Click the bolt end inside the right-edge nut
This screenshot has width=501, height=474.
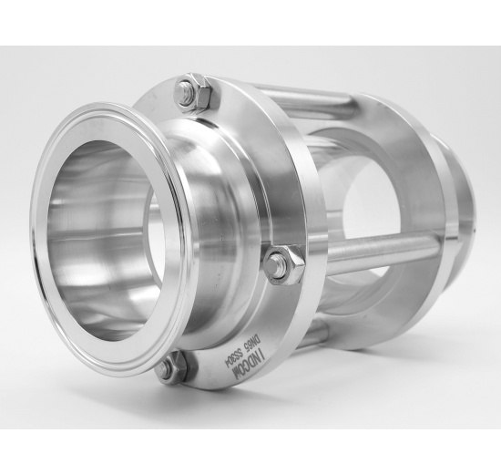tap(279, 264)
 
